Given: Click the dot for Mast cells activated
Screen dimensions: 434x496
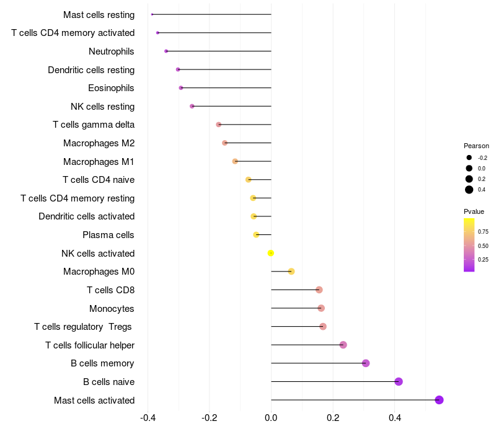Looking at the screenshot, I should (439, 400).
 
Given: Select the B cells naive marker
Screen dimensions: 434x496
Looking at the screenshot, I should (399, 381).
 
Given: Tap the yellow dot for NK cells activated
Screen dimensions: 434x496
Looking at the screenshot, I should (271, 253).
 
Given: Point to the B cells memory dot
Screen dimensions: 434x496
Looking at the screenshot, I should (366, 363).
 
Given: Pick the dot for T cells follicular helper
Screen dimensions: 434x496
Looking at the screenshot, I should (343, 345).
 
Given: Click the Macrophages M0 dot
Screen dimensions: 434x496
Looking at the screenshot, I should (291, 272).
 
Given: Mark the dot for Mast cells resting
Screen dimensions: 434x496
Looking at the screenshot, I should (152, 14).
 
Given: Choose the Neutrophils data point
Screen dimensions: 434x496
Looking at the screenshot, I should (166, 51).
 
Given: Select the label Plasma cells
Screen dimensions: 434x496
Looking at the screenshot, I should (108, 235).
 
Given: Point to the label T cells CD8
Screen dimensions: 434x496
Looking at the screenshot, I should (110, 290).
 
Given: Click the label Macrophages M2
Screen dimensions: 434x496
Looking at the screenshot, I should (99, 143).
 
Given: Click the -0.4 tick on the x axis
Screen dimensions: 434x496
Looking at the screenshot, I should (148, 417).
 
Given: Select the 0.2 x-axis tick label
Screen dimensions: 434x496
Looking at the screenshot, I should (333, 417).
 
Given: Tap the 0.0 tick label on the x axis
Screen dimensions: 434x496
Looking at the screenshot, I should (271, 417).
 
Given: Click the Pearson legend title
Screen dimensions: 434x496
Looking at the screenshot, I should (476, 146).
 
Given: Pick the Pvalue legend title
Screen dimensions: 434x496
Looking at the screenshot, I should (474, 211).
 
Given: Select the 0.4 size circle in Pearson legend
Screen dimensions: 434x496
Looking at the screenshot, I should (469, 190).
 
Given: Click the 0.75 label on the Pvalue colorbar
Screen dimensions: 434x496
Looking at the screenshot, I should (483, 232).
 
